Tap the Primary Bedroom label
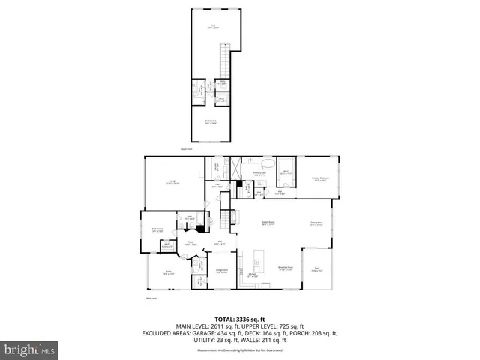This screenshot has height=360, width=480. click(x=321, y=178)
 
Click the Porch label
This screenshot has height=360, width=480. click(x=169, y=272)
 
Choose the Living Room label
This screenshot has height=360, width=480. click(x=222, y=270)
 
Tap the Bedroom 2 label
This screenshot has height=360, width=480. click(x=157, y=229)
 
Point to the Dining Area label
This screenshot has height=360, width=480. click(x=317, y=223)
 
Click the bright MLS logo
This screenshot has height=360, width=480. click(x=29, y=349)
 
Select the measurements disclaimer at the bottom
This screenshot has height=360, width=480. click(x=239, y=350)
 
